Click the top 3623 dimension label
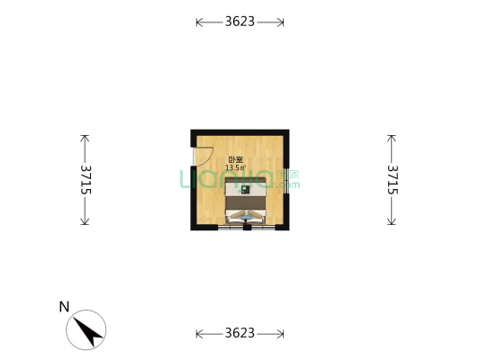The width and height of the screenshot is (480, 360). (240, 22)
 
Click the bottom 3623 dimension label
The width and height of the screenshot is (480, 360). (240, 333)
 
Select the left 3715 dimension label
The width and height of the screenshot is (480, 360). (86, 180)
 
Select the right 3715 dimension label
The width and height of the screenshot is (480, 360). (393, 180)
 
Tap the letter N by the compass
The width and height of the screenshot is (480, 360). (64, 307)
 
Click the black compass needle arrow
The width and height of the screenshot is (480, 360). (87, 331)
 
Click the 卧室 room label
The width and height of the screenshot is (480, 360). (236, 159)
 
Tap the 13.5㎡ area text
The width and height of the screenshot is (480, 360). (235, 167)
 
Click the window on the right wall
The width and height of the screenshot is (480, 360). (285, 181)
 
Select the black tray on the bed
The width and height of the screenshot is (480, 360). (245, 190)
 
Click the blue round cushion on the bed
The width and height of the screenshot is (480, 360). (246, 218)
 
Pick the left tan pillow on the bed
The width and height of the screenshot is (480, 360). (238, 214)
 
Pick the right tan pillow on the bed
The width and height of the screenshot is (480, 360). (255, 214)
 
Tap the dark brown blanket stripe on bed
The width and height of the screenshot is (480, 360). (245, 202)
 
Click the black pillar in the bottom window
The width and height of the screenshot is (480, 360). (247, 228)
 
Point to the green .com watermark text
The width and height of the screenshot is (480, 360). (287, 184)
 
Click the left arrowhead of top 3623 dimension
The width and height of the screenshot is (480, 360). (199, 22)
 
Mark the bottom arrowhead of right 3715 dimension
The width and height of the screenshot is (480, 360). (391, 221)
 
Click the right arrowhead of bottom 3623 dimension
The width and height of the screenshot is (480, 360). (281, 334)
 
